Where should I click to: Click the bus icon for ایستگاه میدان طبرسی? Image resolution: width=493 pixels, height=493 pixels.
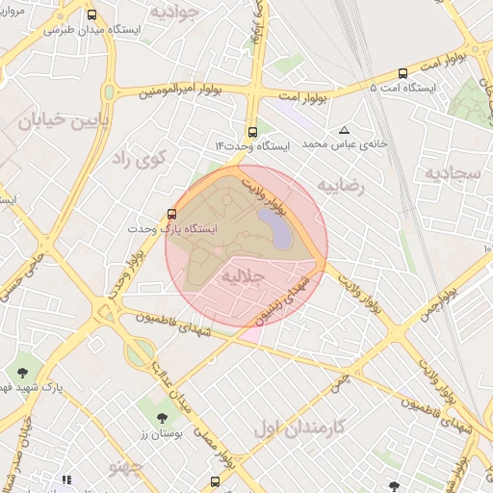(x=91, y=15)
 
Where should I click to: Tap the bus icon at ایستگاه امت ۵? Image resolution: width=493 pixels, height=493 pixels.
(x=402, y=73)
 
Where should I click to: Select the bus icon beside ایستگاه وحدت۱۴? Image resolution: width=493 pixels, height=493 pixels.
(x=252, y=132)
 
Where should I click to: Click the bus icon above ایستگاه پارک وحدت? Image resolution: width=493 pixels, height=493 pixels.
(x=172, y=214)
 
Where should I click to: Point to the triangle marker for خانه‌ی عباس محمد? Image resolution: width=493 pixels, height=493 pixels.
(x=344, y=130)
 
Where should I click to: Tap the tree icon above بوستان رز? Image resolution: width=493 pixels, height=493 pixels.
(x=162, y=418)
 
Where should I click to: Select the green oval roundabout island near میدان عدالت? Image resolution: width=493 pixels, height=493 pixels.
(x=138, y=352)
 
